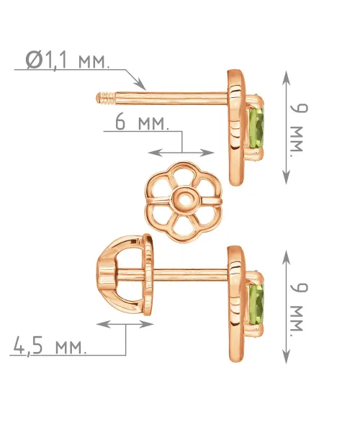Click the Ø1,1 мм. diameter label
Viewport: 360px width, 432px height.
point(67,60)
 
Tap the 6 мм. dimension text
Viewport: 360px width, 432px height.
point(142,122)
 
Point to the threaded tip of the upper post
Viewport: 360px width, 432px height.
point(106,99)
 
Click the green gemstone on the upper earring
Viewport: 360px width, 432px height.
point(256,128)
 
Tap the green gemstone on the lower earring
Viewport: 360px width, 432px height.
point(256,305)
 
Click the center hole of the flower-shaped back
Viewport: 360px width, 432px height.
point(184,199)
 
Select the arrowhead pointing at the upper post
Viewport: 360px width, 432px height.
point(140,84)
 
